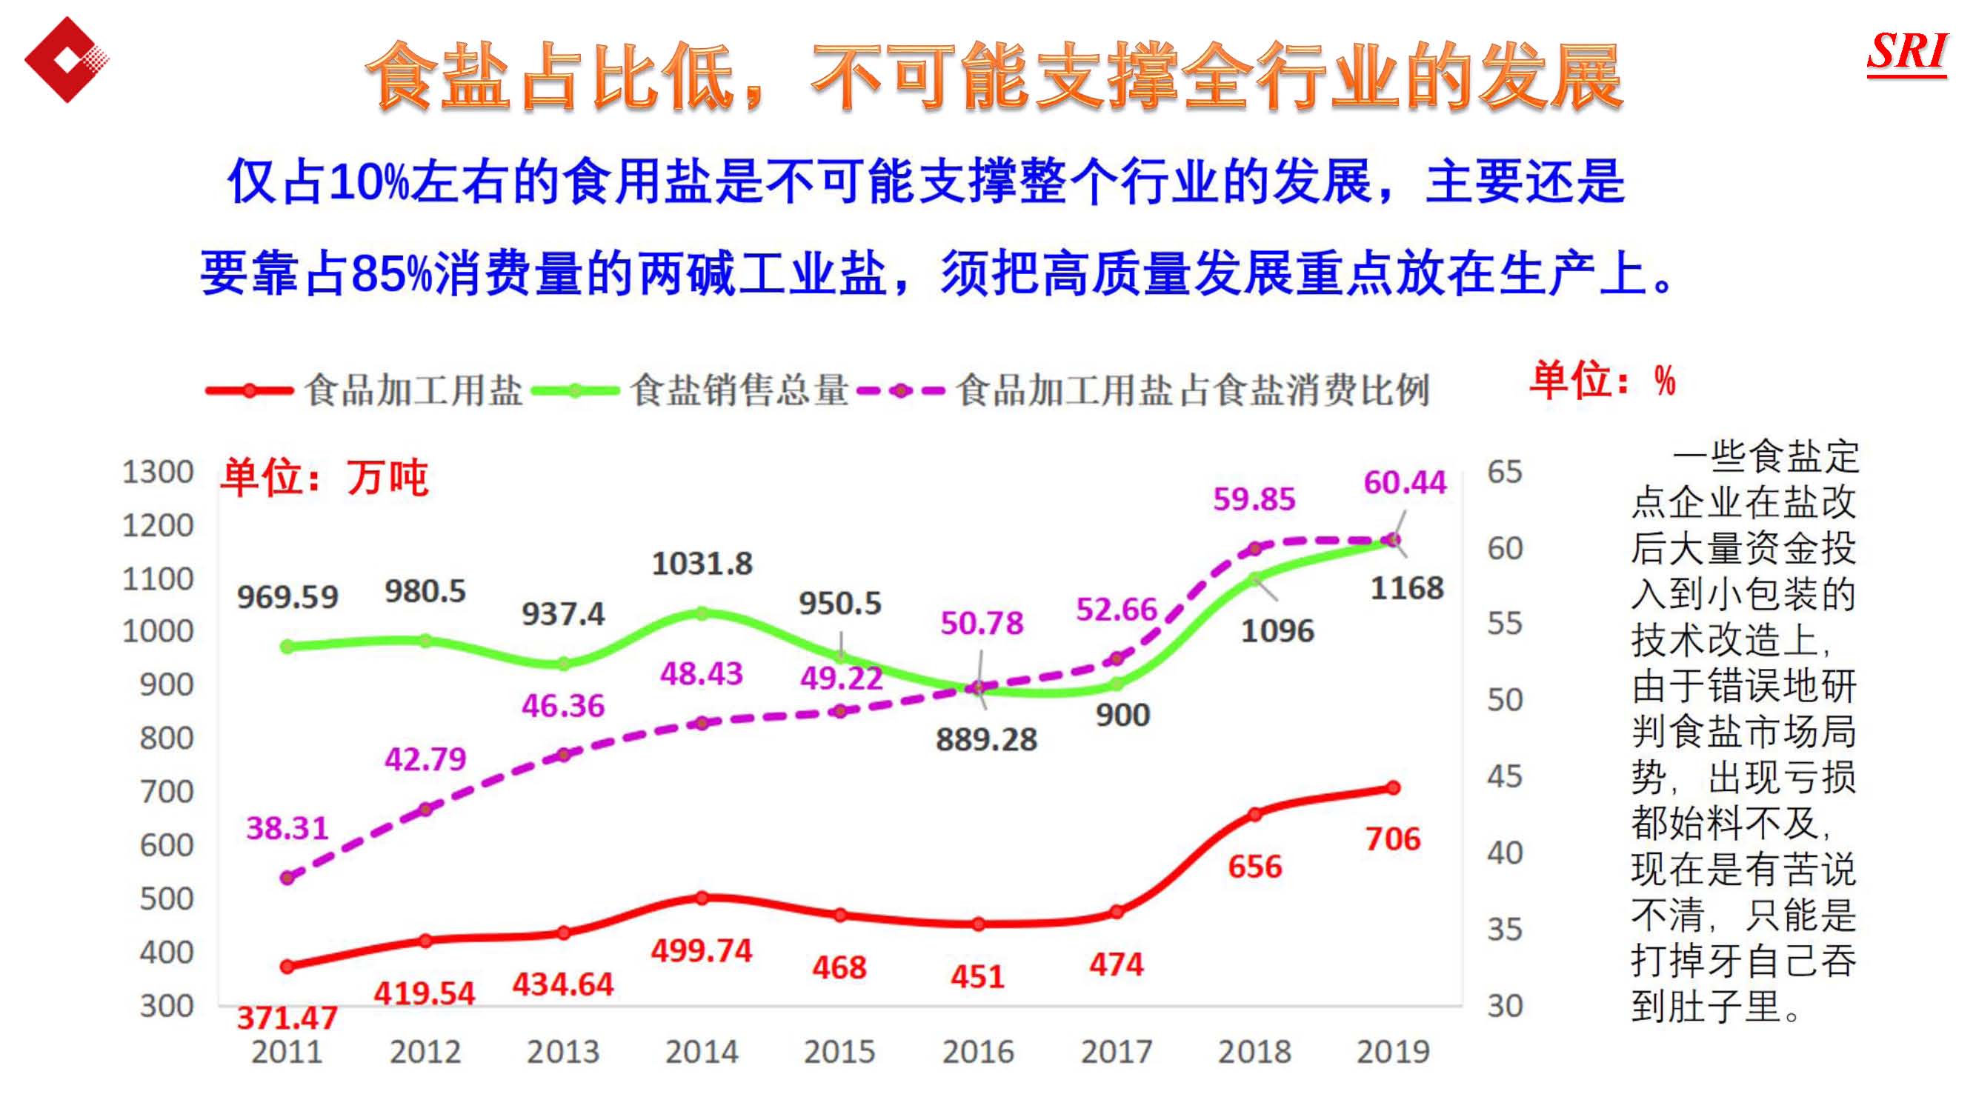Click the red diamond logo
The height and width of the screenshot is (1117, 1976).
[66, 60]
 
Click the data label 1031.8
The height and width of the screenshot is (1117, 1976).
[702, 564]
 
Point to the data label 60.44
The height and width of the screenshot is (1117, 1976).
[1404, 482]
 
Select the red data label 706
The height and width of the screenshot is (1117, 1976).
[1392, 838]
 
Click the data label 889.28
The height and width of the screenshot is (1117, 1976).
[986, 739]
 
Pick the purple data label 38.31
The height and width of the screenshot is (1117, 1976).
[286, 828]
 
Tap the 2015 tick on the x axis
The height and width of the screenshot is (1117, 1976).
[839, 1052]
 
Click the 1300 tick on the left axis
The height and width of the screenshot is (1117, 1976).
[157, 472]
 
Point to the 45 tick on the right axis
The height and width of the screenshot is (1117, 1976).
[1504, 776]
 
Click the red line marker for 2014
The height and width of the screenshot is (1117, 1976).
[702, 898]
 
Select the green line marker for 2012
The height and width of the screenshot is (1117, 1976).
[425, 641]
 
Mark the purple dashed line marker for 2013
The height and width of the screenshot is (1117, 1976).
[563, 755]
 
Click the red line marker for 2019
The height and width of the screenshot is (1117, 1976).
[1394, 788]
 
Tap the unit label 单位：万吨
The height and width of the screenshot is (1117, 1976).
[324, 478]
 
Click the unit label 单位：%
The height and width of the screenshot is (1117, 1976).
[1603, 380]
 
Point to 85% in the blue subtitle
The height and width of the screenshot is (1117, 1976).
[391, 274]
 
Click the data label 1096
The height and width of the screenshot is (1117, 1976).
[1277, 630]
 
